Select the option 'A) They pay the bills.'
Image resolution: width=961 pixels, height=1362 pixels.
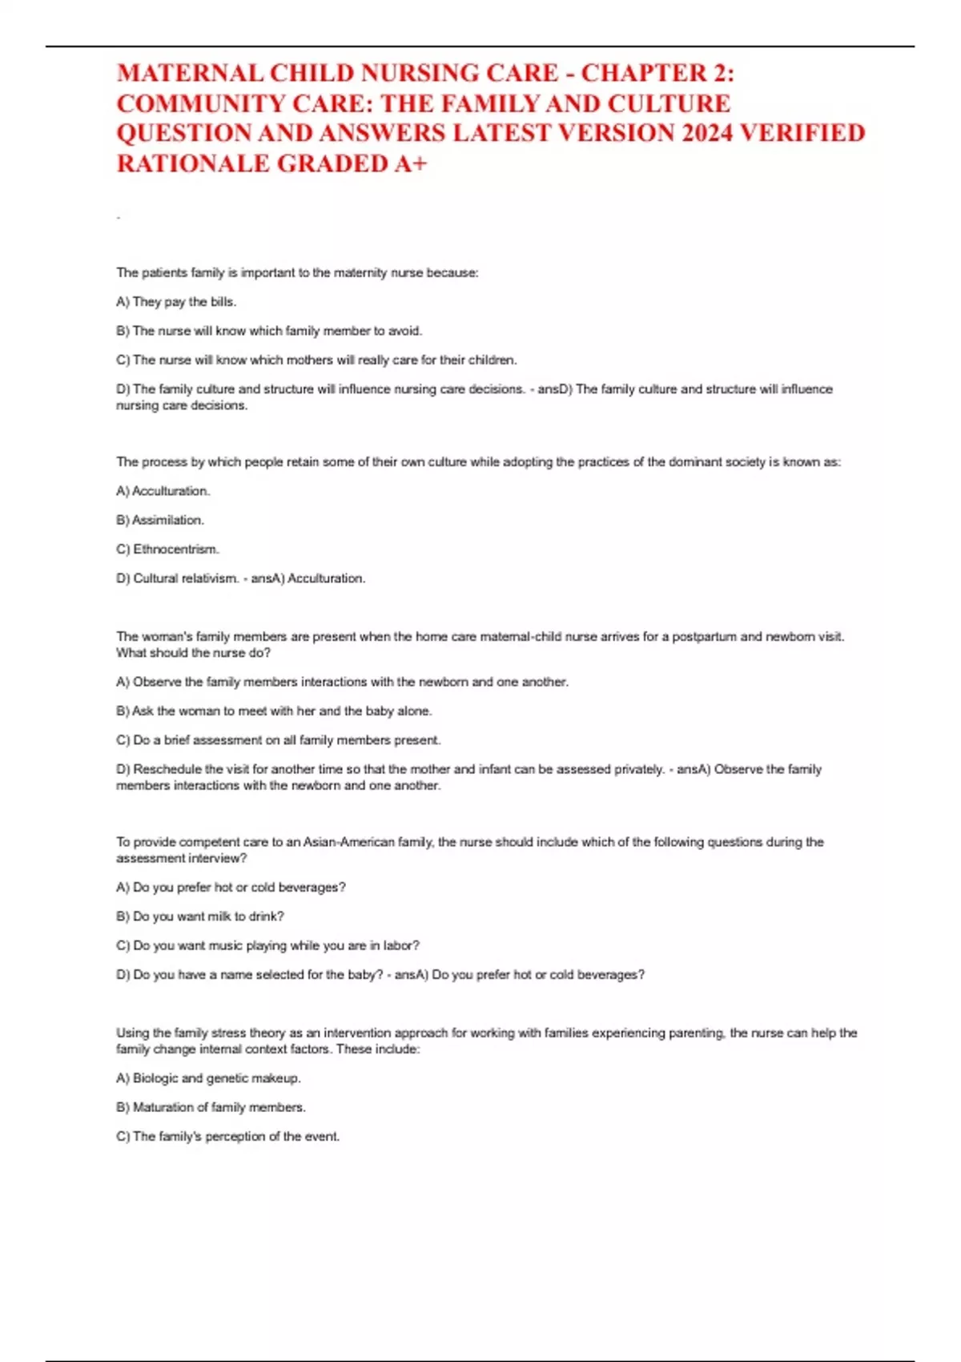point(176,302)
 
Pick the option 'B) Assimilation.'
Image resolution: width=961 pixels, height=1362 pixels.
point(160,520)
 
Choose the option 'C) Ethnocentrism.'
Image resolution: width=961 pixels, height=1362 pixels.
point(167,550)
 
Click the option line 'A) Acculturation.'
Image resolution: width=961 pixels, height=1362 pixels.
point(163,491)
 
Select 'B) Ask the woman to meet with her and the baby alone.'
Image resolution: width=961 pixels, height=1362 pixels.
point(274,711)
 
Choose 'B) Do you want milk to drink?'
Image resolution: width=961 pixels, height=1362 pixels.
point(200,917)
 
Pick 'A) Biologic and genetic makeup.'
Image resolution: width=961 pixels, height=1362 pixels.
point(208,1078)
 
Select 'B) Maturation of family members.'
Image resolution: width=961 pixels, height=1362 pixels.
point(211,1107)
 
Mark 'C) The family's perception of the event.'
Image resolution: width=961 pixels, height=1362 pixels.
point(227,1137)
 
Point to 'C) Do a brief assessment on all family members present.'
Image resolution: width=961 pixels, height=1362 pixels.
point(278,740)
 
